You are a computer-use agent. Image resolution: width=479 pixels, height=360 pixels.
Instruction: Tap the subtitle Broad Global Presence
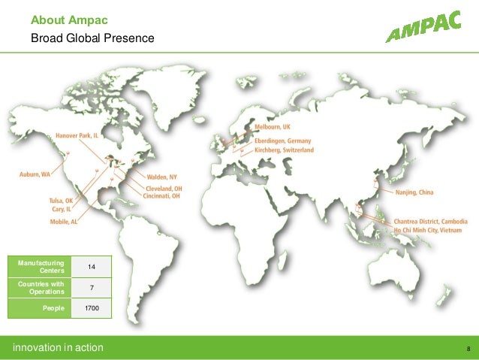point(92,37)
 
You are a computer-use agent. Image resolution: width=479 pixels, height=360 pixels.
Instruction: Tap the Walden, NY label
point(162,177)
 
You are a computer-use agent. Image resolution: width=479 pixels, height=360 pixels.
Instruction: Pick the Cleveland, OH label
point(163,187)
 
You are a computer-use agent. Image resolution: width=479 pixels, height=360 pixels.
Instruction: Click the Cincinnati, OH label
point(163,195)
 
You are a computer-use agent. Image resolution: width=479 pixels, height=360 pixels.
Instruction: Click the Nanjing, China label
point(414,193)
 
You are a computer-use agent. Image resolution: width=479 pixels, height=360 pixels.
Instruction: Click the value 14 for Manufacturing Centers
point(92,267)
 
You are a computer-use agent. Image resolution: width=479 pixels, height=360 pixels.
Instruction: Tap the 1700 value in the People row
point(92,309)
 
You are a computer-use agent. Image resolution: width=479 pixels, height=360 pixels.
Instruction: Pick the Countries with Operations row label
point(42,288)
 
